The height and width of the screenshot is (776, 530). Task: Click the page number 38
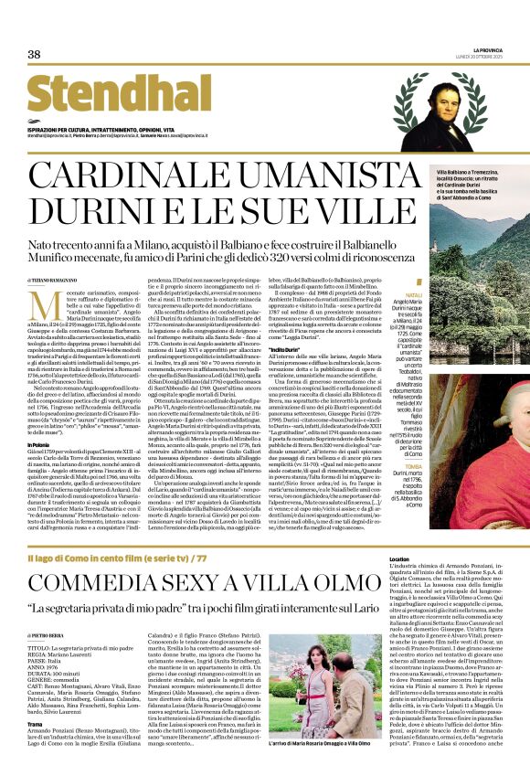coord(34,55)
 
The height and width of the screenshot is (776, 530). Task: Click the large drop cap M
coord(41,306)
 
